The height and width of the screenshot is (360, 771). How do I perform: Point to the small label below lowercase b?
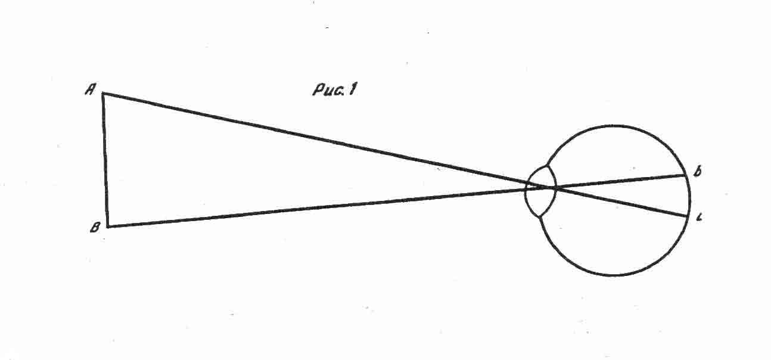pyautogui.click(x=698, y=218)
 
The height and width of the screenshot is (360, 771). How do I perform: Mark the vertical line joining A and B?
pyautogui.click(x=105, y=160)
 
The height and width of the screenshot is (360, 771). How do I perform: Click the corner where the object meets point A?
pyautogui.click(x=103, y=94)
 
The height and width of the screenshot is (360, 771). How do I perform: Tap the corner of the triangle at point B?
pyautogui.click(x=108, y=226)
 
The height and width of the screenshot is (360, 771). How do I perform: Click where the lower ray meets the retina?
pyautogui.click(x=688, y=216)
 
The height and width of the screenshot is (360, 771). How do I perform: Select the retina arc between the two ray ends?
pyautogui.click(x=690, y=195)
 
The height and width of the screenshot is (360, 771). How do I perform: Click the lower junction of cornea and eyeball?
pyautogui.click(x=540, y=217)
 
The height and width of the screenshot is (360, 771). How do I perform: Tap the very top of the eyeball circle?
pyautogui.click(x=615, y=126)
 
